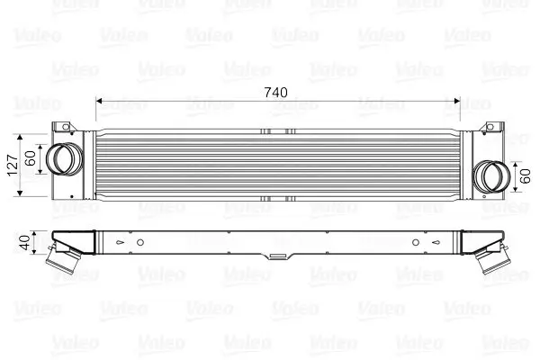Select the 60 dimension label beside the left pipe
32,159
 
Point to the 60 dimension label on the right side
526,175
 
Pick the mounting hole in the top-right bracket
490,127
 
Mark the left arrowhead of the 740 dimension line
99,100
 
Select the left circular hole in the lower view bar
139,242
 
